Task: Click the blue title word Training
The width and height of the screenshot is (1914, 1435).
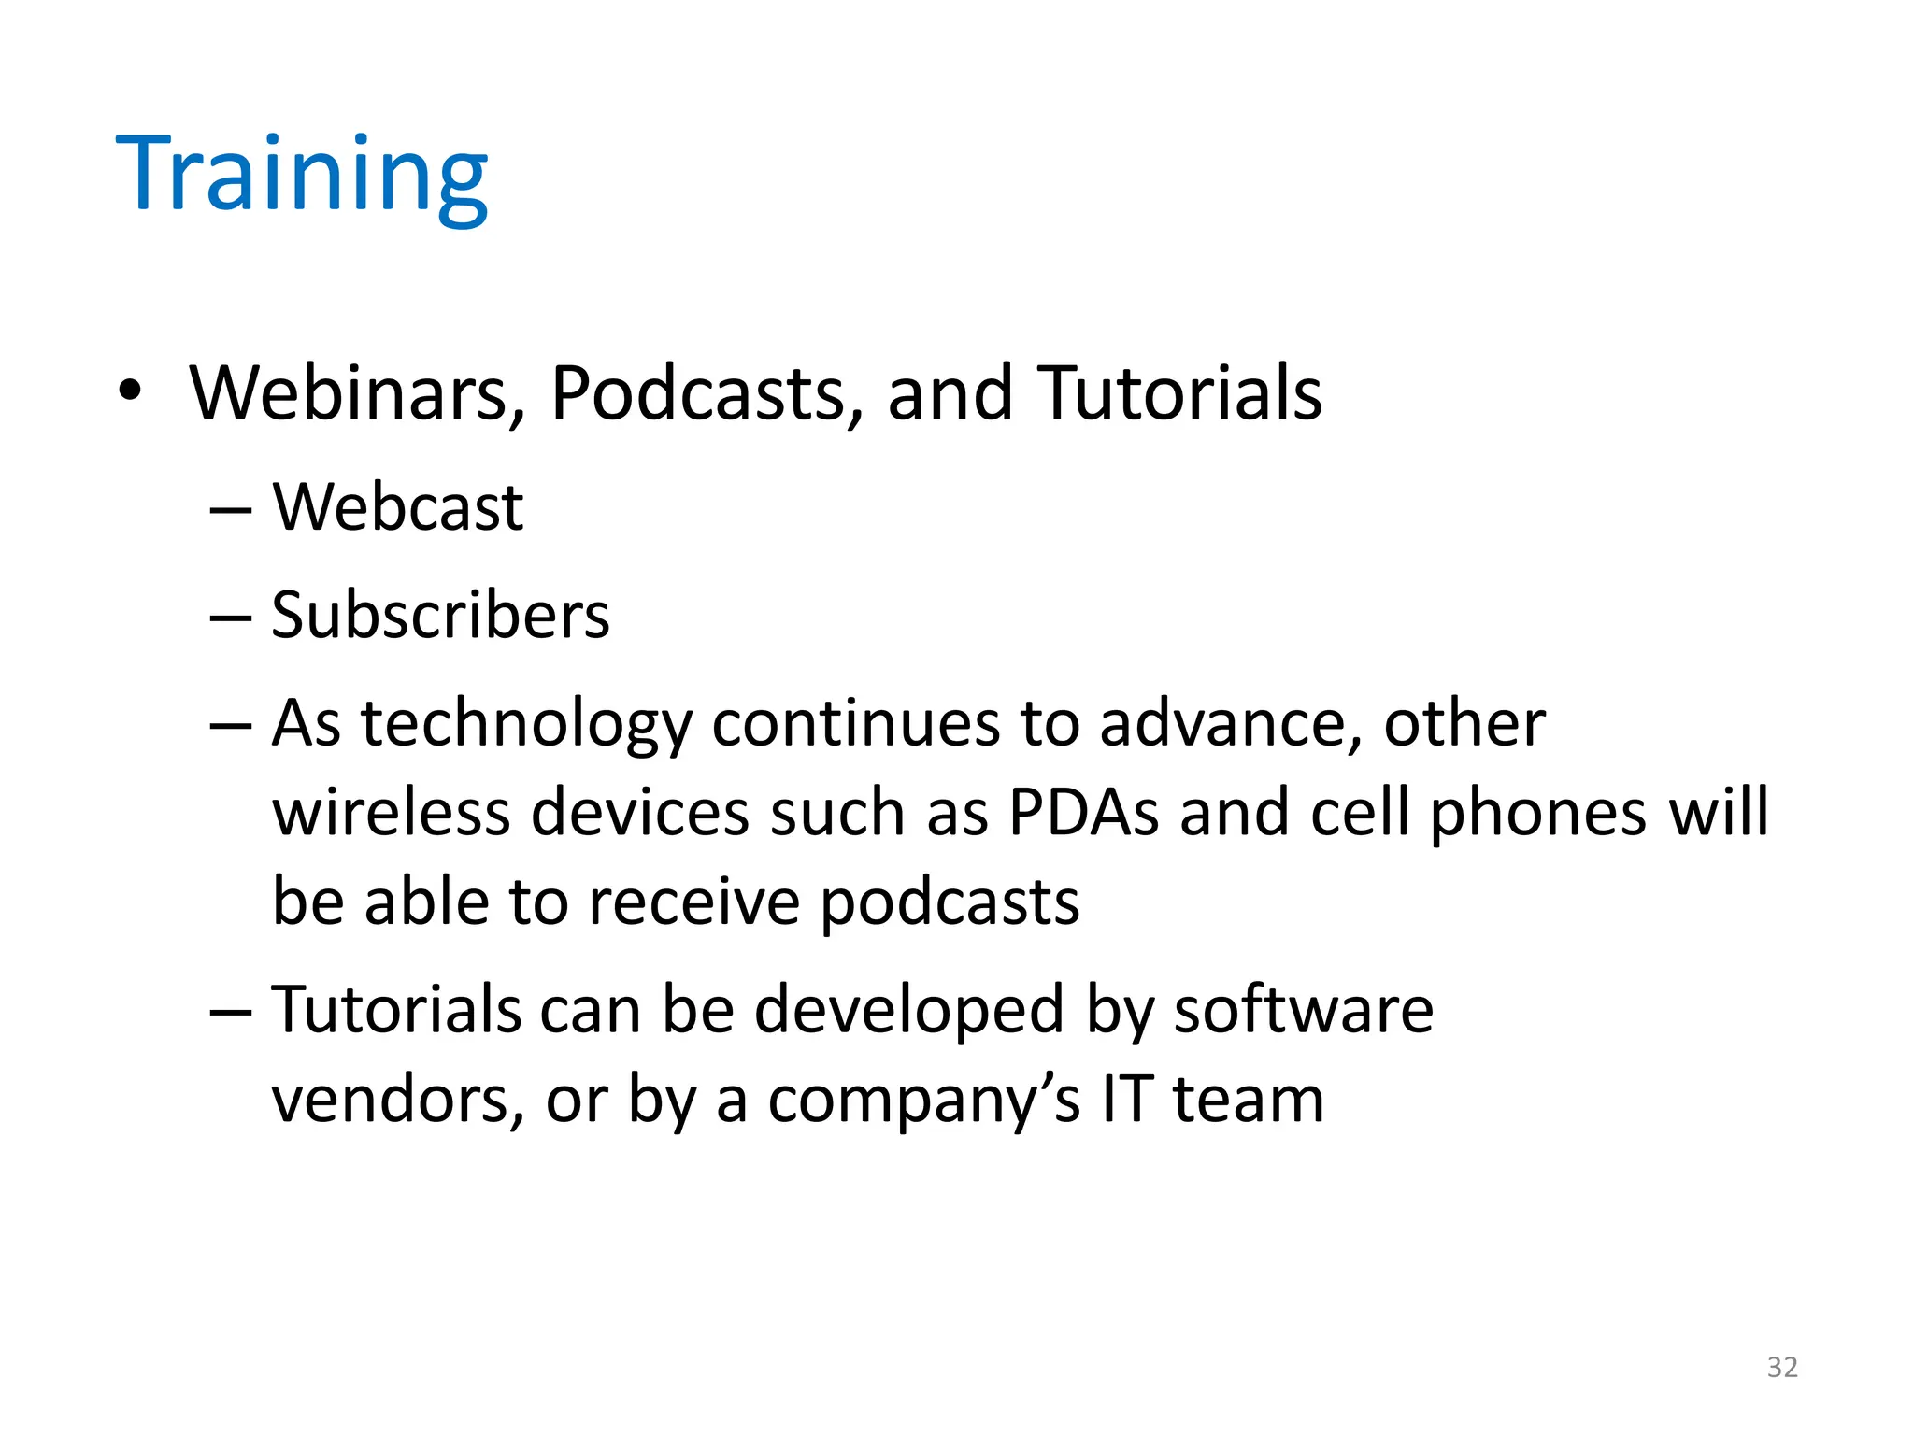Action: point(301,175)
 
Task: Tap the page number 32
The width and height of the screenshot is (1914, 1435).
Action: point(1782,1368)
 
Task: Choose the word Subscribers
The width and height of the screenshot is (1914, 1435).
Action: point(440,616)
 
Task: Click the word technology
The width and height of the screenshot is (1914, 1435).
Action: point(526,725)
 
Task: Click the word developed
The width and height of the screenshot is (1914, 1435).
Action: point(908,1011)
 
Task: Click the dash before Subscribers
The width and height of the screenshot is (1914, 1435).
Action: point(231,618)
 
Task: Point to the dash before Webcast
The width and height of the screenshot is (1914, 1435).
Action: point(231,510)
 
